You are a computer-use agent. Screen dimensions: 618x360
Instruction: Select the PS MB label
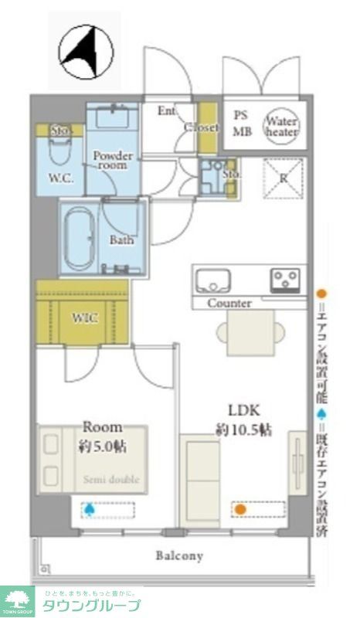242,122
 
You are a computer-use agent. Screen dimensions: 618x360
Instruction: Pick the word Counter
229,304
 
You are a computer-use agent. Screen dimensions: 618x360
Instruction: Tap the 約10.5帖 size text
243,430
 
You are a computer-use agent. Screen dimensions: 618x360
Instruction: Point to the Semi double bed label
111,480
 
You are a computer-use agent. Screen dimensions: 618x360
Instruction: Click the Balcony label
178,555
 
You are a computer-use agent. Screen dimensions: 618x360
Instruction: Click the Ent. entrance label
167,110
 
